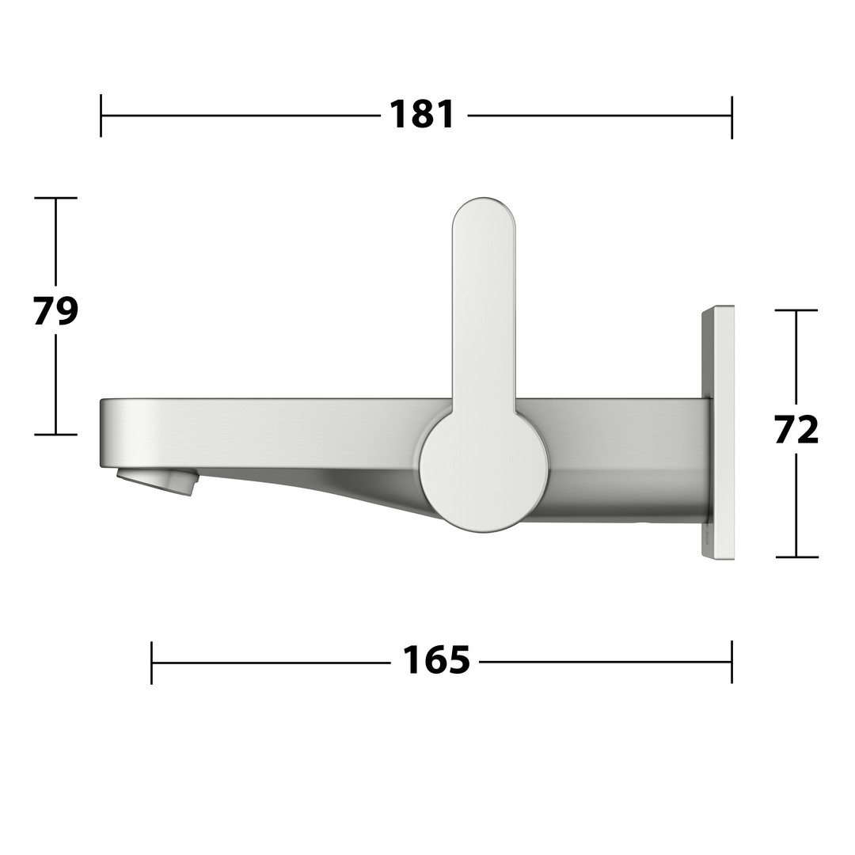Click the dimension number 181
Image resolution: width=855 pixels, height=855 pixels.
(x=421, y=115)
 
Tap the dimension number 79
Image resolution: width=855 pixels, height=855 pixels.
(x=55, y=311)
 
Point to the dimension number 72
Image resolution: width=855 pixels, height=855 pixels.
(x=796, y=430)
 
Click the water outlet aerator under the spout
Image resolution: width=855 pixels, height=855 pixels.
(x=156, y=481)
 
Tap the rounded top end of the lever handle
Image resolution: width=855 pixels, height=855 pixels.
(x=483, y=218)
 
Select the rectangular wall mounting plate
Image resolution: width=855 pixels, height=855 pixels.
(x=717, y=432)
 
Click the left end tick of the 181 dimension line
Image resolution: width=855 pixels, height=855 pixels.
(x=101, y=116)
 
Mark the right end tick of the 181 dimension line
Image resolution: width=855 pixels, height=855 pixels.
(x=731, y=116)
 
